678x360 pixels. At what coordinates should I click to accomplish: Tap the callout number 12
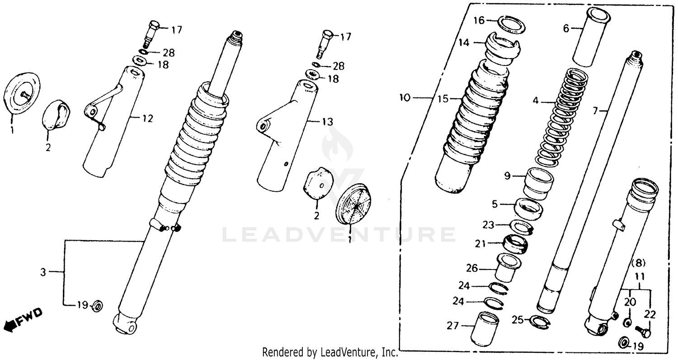[x=148, y=119]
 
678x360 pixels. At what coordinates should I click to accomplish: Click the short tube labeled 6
[x=590, y=37]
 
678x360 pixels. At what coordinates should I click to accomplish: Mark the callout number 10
[x=405, y=97]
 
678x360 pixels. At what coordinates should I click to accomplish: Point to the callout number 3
[x=43, y=272]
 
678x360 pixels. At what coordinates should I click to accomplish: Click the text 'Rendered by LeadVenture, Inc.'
[x=330, y=352]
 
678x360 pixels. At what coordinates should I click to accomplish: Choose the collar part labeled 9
[x=538, y=183]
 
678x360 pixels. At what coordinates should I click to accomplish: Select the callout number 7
[x=595, y=110]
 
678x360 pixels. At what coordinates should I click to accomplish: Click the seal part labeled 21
[x=515, y=244]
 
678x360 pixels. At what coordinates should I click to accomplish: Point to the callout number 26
[x=471, y=268]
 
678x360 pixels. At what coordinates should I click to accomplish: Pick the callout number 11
[x=640, y=275]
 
